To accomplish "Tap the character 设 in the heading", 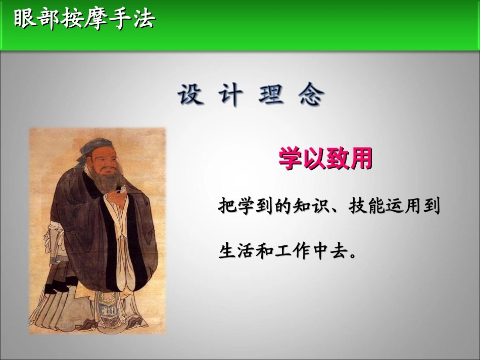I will pyautogui.click(x=191, y=94).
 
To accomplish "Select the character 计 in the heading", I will pyautogui.click(x=230, y=94).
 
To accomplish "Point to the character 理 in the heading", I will pyautogui.click(x=271, y=94).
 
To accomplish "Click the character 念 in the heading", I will pyautogui.click(x=311, y=94).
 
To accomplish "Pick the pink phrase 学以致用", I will pyautogui.click(x=325, y=159).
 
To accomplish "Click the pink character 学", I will pyautogui.click(x=291, y=159).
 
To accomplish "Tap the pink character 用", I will pyautogui.click(x=361, y=159).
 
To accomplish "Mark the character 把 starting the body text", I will pyautogui.click(x=226, y=206).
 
